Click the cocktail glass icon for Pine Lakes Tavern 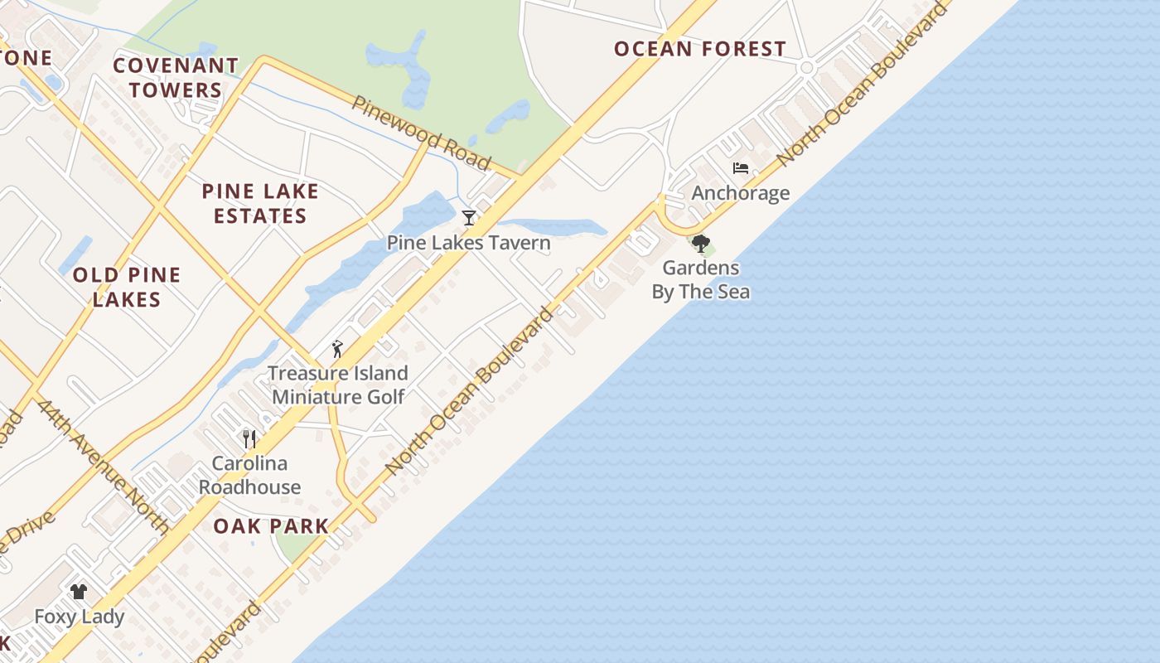469,218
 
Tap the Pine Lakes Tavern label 469,243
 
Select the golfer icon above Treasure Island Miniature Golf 336,349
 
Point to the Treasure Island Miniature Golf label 338,385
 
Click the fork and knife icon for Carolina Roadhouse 249,438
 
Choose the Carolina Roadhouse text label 249,475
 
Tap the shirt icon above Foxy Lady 79,592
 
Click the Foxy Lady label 79,617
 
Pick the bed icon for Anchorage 741,168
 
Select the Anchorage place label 741,193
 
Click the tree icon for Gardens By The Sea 701,244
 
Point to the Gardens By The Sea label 701,279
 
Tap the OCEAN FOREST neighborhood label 700,49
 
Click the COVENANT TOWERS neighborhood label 176,77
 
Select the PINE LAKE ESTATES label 260,204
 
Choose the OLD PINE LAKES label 127,287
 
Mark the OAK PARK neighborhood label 271,526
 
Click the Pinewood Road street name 422,133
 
